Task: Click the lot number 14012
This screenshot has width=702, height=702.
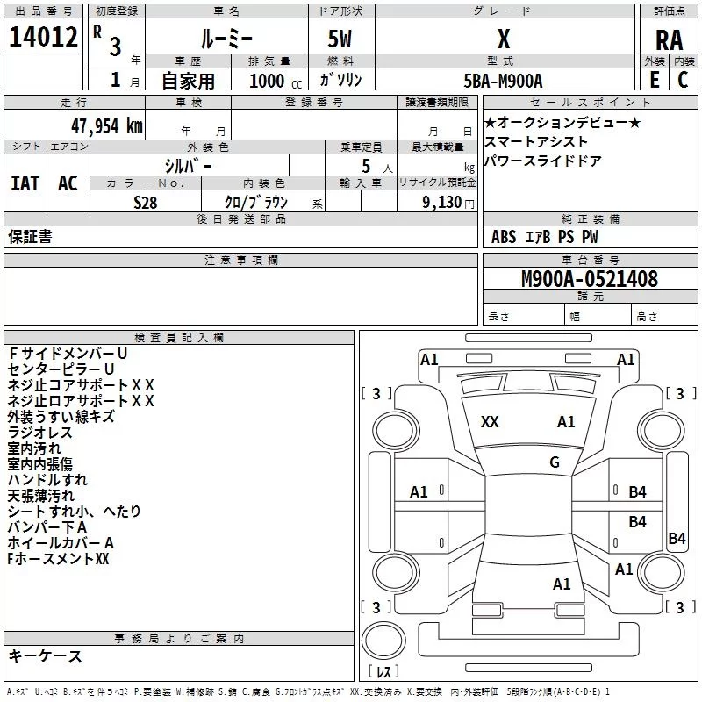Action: [x=44, y=38]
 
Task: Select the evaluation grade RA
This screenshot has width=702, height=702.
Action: [x=669, y=39]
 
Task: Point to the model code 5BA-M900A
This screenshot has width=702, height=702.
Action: [x=504, y=81]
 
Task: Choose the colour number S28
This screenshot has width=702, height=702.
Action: [x=146, y=202]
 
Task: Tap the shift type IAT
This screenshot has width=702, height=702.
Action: [x=25, y=183]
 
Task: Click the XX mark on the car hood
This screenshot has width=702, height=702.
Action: [x=490, y=422]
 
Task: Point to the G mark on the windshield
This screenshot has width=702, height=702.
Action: [x=555, y=462]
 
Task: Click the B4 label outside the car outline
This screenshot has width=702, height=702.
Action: [x=677, y=539]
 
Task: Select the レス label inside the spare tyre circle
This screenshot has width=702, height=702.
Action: [x=383, y=673]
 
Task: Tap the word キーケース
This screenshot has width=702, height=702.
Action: [x=45, y=655]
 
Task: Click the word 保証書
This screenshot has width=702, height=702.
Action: [x=30, y=237]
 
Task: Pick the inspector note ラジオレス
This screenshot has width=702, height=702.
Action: [x=40, y=433]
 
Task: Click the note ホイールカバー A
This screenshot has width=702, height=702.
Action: [x=61, y=543]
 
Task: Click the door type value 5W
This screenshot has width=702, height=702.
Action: [x=340, y=39]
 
